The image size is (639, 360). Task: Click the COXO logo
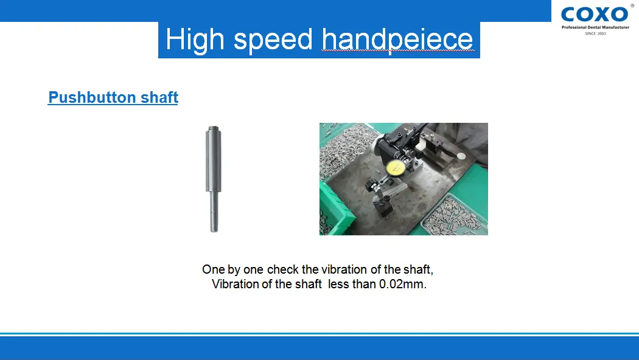[595, 15]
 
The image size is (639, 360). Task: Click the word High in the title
[195, 40]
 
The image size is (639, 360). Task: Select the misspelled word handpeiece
[397, 40]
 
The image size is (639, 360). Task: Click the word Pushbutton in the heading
[92, 97]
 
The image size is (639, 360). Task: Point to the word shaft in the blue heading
[159, 97]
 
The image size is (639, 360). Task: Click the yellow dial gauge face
[395, 168]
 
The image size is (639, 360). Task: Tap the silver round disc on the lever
[461, 156]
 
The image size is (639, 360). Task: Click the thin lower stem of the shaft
[214, 212]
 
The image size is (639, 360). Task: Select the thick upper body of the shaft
[213, 159]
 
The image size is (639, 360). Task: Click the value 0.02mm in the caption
[403, 284]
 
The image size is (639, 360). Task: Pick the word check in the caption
[283, 269]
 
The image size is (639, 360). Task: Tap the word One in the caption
[214, 269]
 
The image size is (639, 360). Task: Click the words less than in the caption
[352, 284]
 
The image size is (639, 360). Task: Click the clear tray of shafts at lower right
[455, 215]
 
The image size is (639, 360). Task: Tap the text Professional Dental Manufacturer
[595, 27]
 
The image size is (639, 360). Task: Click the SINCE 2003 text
[595, 33]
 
